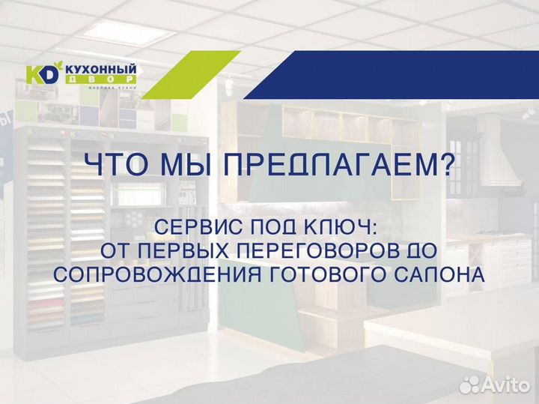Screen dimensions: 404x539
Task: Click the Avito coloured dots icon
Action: pos(469,385)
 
